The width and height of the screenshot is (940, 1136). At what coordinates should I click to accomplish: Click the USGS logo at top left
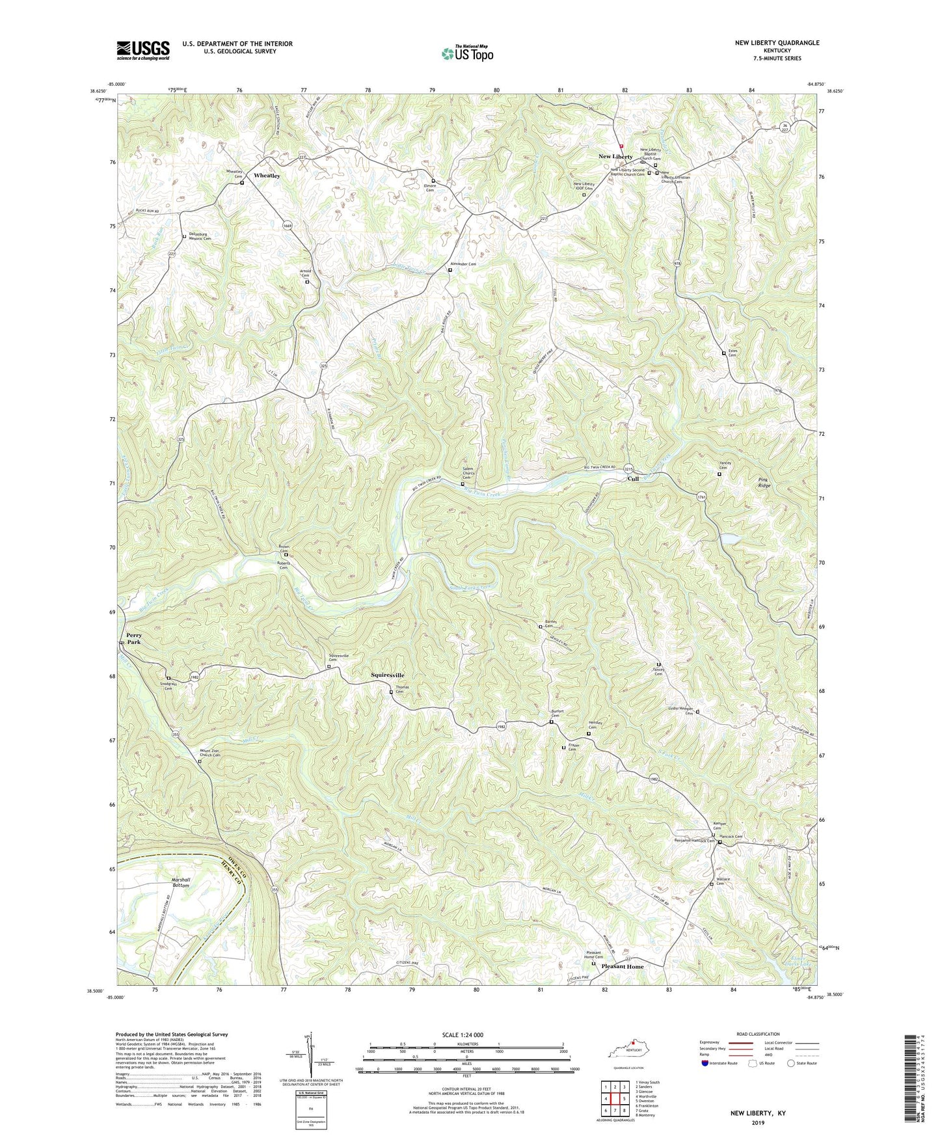click(x=143, y=50)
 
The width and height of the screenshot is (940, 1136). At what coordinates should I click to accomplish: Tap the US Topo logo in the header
click(x=466, y=53)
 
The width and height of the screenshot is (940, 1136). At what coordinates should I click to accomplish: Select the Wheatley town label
click(x=267, y=176)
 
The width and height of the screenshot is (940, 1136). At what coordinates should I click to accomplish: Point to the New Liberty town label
click(x=615, y=157)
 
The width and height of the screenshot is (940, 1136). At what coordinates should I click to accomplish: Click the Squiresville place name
click(x=387, y=675)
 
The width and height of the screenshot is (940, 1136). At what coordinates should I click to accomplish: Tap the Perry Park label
click(x=134, y=638)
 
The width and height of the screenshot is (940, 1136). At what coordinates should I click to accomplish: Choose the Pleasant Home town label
click(x=622, y=967)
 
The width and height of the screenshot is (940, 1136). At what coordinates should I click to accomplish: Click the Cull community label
click(x=632, y=479)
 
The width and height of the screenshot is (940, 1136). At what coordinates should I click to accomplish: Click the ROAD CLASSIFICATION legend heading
click(x=758, y=1034)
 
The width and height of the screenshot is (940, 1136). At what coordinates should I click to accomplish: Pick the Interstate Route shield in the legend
click(x=705, y=1063)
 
